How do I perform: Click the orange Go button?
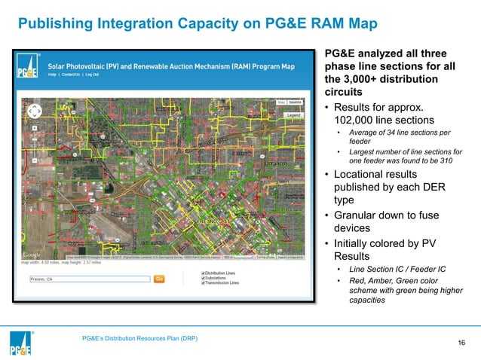click(x=159, y=279)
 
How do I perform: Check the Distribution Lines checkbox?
click(x=203, y=273)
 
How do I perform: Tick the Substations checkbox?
click(x=203, y=278)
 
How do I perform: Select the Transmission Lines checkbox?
click(x=203, y=283)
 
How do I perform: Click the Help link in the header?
click(x=51, y=75)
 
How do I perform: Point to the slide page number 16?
click(x=462, y=344)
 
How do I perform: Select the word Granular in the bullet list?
click(x=358, y=215)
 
